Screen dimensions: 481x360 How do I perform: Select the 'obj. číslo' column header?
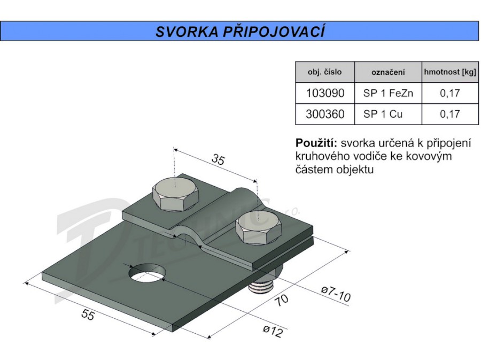(324, 72)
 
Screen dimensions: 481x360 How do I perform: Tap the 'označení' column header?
(388, 72)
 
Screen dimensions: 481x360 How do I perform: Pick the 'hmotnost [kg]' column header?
(450, 72)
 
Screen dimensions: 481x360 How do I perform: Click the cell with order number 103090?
(325, 93)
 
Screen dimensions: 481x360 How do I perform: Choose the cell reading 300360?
(325, 114)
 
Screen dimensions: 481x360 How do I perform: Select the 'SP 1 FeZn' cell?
(388, 93)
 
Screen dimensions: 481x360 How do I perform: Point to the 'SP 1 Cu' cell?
(383, 114)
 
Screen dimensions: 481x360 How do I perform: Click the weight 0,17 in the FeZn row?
(450, 93)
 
